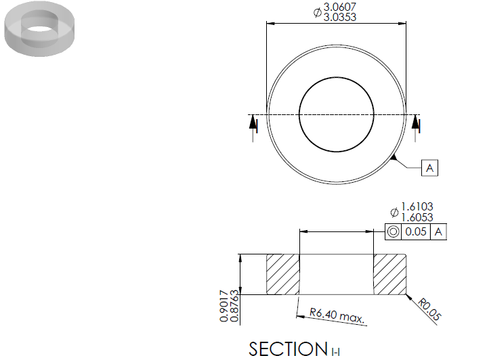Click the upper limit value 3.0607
point(340,7)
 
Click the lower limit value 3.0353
point(340,17)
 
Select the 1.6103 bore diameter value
point(417,206)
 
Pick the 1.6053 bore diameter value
point(417,217)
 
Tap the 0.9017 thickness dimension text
point(224,306)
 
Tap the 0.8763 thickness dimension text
point(234,306)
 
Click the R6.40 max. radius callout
point(337,315)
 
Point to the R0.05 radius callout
point(429,309)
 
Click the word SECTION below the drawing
point(289,348)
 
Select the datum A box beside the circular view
point(429,168)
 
